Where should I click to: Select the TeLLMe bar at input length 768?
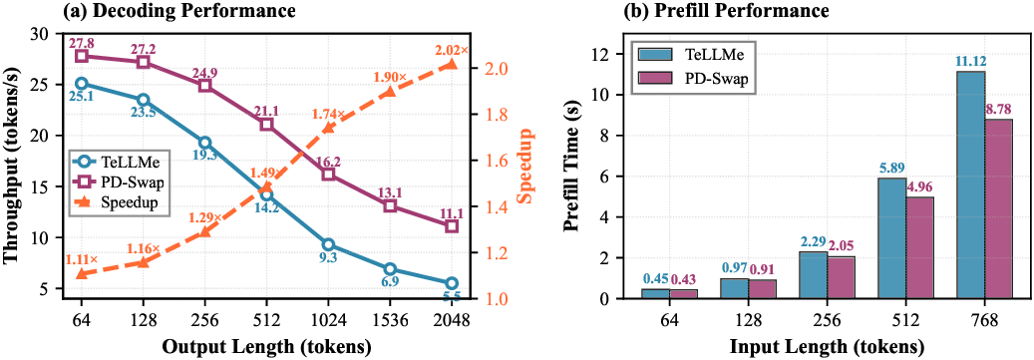pyautogui.click(x=970, y=184)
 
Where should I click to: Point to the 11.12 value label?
pyautogui.click(x=969, y=61)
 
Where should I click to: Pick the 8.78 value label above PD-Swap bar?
pyautogui.click(x=998, y=109)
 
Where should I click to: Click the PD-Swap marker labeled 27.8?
pyautogui.click(x=82, y=56)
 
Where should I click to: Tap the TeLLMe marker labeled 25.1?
pyautogui.click(x=82, y=84)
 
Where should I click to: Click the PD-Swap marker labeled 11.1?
pyautogui.click(x=451, y=226)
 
